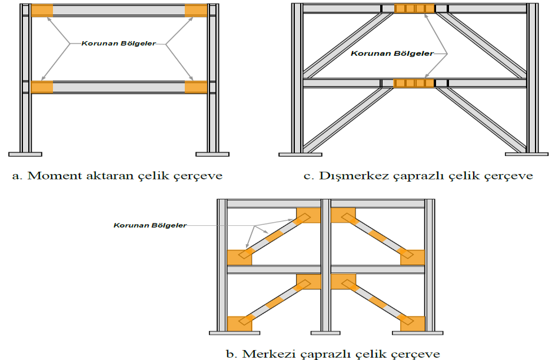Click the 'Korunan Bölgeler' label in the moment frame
(118, 43)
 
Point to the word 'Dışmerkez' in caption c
(351, 176)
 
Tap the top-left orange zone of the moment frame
(42, 11)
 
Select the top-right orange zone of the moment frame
(195, 11)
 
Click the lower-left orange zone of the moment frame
(42, 87)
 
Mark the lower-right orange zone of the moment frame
(195, 87)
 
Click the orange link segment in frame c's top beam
(415, 8)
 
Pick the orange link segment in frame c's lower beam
(415, 83)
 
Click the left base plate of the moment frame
(25, 154)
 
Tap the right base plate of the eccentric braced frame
(528, 155)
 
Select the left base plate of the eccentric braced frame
(300, 155)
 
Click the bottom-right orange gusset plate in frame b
(413, 324)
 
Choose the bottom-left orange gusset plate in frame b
(238, 324)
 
